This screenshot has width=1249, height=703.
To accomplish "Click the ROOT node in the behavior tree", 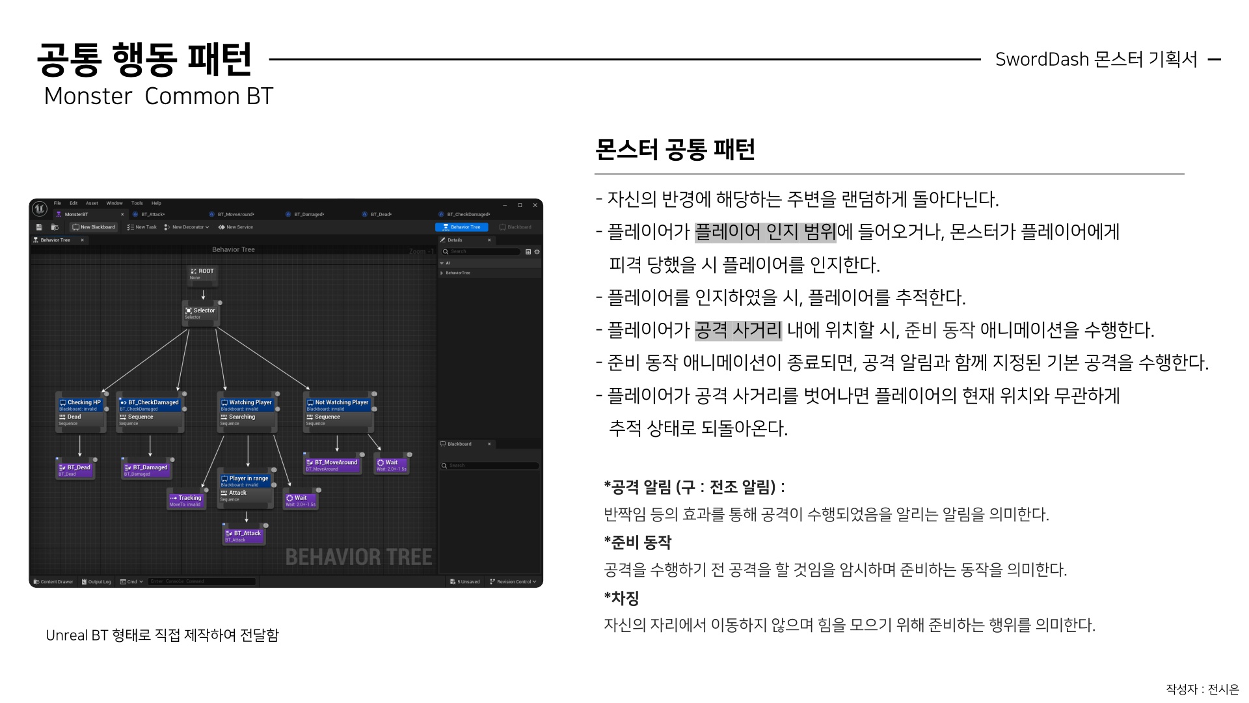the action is click(x=202, y=273).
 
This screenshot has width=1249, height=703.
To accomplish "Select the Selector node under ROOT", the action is click(x=200, y=312).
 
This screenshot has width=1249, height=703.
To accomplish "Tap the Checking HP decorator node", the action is click(x=81, y=404).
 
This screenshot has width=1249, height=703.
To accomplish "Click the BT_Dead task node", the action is click(x=75, y=469).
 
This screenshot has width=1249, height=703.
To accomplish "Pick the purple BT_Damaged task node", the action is click(x=147, y=469).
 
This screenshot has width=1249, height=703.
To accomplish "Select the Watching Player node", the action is click(x=247, y=404).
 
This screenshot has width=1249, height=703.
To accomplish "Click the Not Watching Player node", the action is click(x=338, y=404).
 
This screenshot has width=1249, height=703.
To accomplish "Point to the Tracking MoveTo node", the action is click(x=186, y=500).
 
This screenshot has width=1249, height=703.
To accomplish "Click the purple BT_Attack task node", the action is click(x=244, y=535).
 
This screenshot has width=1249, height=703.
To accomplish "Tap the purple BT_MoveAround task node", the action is click(x=332, y=464).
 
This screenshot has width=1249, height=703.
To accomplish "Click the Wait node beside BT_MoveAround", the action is click(x=392, y=464).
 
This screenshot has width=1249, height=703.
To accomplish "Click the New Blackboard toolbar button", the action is click(x=94, y=227).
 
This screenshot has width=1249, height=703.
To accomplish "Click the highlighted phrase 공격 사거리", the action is click(x=738, y=330).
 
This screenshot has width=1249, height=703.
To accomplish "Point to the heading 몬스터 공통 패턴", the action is click(x=675, y=150).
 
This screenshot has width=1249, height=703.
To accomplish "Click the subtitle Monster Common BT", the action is click(x=158, y=96).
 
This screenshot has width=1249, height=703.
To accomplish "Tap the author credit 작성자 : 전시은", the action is click(x=1202, y=689).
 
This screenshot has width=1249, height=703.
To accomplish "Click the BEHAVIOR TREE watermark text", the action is click(x=358, y=557).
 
